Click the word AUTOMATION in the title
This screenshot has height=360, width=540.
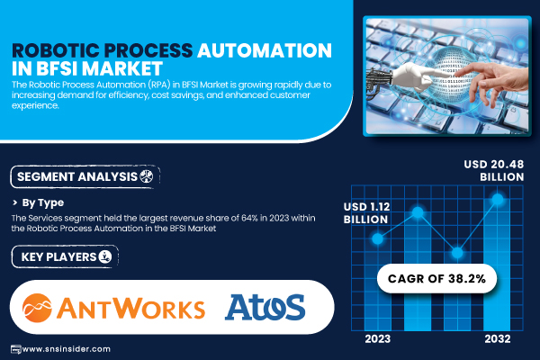point(265,50)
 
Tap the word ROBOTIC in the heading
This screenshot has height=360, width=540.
point(56,50)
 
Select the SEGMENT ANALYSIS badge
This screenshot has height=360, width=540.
point(85,176)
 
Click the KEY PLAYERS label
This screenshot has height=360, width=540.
point(65,256)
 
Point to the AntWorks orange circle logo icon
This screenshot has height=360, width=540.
point(37,308)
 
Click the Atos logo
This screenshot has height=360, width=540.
point(265,307)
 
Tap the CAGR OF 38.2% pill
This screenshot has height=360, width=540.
point(436,278)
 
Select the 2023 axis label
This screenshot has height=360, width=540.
point(378,339)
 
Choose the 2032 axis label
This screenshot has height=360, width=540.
point(498,339)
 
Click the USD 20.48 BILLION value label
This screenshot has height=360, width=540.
point(494,170)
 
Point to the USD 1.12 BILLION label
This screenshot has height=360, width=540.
point(366,213)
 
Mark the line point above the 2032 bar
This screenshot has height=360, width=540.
point(498,199)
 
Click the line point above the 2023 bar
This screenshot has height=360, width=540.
point(378,238)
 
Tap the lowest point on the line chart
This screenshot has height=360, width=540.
point(457,253)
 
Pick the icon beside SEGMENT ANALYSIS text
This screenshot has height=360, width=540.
point(147,176)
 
